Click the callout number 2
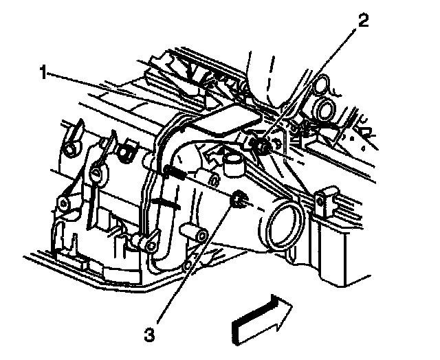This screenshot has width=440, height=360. coord(362,20)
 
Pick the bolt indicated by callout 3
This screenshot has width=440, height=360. coord(239,199)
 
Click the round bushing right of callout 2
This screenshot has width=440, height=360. coord(322,107)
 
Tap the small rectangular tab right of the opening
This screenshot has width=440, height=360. coord(320,204)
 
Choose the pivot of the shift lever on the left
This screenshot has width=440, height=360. coord(96,175)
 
